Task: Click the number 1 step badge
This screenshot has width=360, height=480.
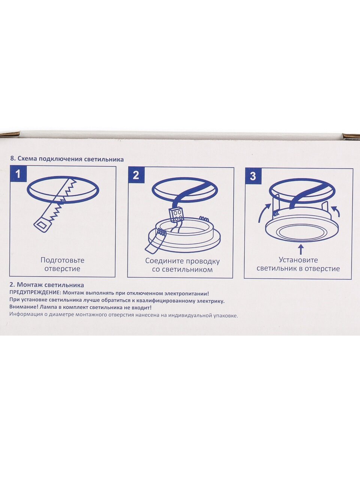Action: pos(18,174)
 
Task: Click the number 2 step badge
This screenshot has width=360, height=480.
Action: pos(136,175)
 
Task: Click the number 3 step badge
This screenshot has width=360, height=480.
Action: pos(253,176)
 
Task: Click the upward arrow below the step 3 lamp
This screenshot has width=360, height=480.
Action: pos(301,249)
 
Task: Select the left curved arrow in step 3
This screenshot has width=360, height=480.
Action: pos(264,212)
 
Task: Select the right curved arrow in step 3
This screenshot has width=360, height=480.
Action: pos(336,211)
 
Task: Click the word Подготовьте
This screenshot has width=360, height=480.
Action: pos(62,260)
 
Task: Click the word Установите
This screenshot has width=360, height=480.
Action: pos(298,260)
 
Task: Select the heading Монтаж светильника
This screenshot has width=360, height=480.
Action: pos(50,285)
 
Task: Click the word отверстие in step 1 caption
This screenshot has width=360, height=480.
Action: pos(62,268)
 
